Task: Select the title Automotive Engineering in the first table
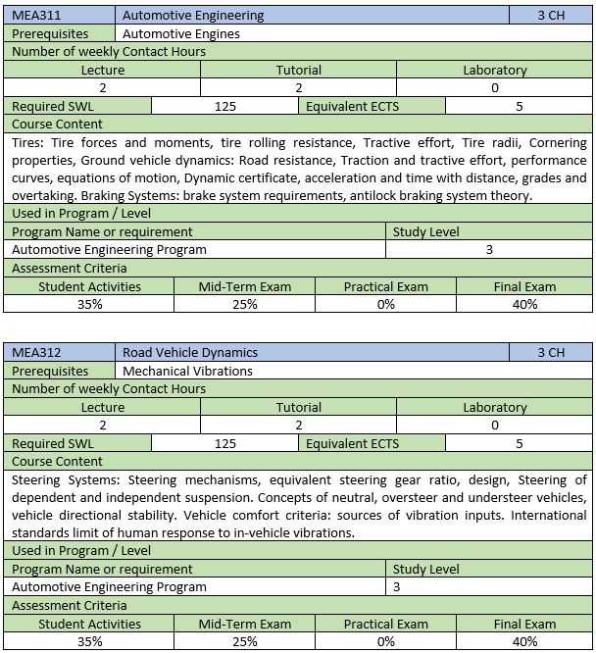(x=193, y=16)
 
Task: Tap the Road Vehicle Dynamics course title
(x=190, y=352)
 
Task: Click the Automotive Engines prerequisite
(x=181, y=33)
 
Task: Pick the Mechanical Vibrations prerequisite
(x=187, y=371)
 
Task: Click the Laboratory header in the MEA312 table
(x=494, y=407)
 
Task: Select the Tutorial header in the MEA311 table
(x=298, y=71)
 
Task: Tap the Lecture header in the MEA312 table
(x=103, y=407)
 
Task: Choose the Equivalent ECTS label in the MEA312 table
(x=352, y=443)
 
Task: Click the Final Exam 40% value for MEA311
(x=524, y=304)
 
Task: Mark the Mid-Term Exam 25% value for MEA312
(x=245, y=641)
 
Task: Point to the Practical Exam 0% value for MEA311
(x=385, y=304)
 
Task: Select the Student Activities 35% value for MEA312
(x=89, y=641)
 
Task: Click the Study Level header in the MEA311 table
(x=425, y=231)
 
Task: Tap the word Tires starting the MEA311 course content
(x=28, y=142)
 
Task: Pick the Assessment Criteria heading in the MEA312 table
(x=70, y=605)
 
